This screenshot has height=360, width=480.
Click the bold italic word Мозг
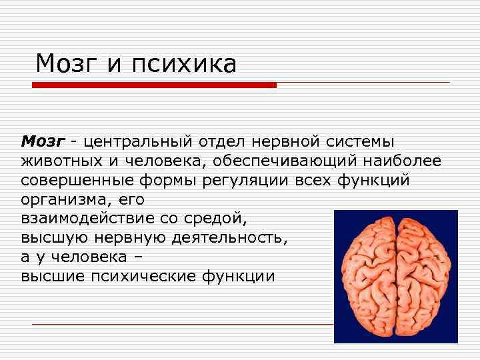[43, 141]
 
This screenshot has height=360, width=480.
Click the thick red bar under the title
[154, 85]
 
